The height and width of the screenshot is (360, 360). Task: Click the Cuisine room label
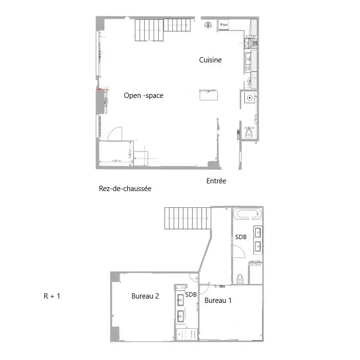210,60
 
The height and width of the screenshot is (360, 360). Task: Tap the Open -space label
144,96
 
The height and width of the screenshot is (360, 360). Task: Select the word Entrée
216,181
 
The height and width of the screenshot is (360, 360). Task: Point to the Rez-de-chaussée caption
125,189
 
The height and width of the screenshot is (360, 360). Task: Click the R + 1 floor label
52,296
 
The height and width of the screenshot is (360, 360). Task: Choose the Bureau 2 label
145,296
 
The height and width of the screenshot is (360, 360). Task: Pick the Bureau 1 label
218,301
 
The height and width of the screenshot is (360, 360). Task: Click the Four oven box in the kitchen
224,24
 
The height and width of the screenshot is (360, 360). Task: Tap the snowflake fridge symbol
208,24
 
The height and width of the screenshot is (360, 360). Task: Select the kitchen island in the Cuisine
208,95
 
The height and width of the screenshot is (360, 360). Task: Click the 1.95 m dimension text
115,161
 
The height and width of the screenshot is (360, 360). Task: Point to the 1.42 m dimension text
130,153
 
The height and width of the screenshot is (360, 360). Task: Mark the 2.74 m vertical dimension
256,119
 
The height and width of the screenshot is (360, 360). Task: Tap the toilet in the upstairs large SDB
240,279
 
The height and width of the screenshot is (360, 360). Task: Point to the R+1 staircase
187,218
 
